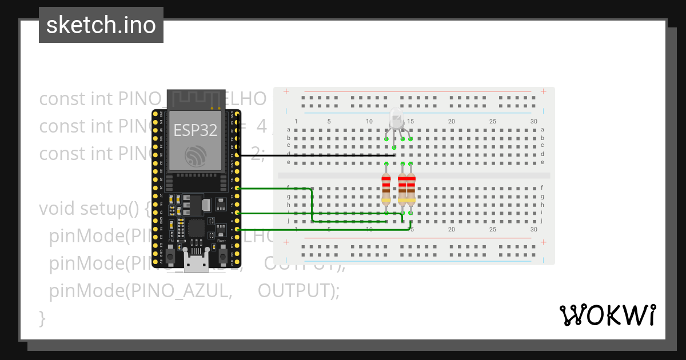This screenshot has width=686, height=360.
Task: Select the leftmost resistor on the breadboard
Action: tap(386, 189)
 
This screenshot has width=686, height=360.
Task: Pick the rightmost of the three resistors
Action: tap(410, 189)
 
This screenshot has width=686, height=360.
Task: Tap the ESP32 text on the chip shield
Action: tap(196, 130)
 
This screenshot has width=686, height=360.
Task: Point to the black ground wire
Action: tap(314, 155)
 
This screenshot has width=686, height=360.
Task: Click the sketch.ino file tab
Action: tap(101, 25)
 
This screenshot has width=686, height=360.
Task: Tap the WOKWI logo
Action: tap(607, 315)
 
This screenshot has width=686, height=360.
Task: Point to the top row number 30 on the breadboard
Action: tap(533, 121)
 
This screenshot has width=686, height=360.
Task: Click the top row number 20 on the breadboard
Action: tap(452, 121)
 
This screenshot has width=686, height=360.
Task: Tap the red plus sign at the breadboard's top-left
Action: tap(286, 91)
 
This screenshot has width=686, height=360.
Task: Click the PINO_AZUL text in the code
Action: tap(181, 291)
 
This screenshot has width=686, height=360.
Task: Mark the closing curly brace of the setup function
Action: tap(42, 318)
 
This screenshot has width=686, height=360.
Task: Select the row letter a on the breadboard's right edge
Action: tap(542, 130)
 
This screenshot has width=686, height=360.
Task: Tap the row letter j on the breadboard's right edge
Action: tap(542, 221)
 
